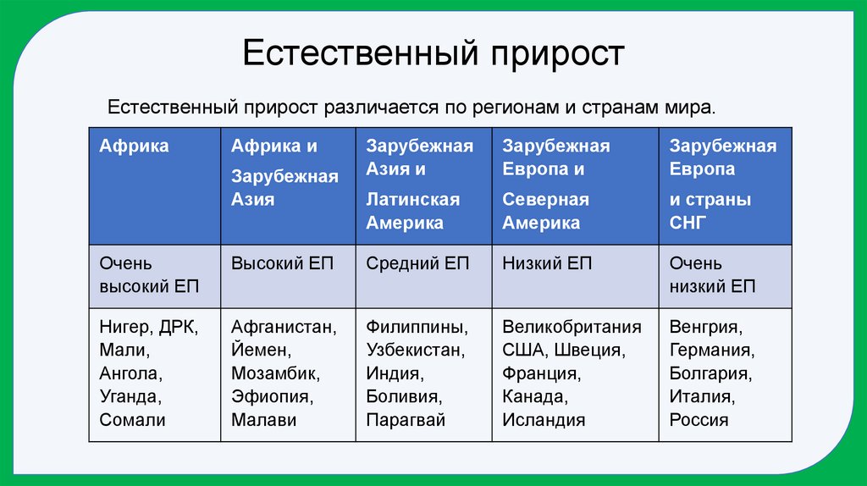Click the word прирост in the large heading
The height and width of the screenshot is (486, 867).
(555, 54)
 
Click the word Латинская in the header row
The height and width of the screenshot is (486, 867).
(412, 200)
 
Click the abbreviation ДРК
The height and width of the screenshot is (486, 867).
(178, 327)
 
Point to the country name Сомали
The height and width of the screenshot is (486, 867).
(132, 419)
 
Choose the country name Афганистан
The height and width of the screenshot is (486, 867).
(284, 327)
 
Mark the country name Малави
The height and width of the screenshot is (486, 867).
(263, 419)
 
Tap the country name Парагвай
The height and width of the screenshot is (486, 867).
(406, 419)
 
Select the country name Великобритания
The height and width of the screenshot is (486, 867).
(572, 327)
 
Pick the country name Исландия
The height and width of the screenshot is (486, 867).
(544, 419)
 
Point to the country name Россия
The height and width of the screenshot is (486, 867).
(699, 419)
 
